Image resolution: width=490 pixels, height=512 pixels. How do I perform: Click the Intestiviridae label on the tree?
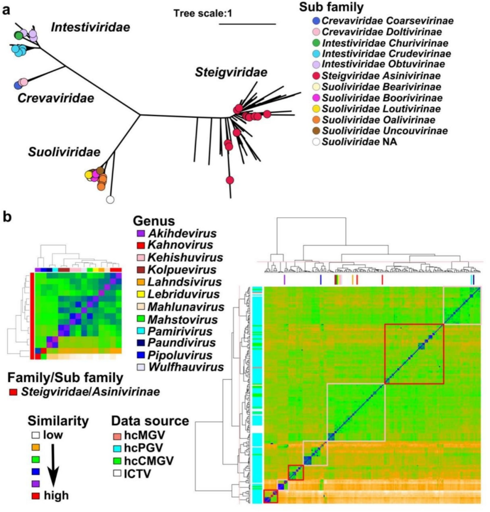point(90,27)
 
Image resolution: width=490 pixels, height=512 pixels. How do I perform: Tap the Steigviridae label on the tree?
point(231,72)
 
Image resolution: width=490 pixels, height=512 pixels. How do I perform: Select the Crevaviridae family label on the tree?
point(56,98)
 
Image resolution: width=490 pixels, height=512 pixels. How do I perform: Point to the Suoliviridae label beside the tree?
point(64,152)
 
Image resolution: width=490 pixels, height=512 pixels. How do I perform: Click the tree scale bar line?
point(247,24)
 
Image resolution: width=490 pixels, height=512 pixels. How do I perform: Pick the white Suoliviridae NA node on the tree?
point(110,199)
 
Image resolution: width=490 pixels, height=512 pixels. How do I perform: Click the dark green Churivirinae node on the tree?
point(18,35)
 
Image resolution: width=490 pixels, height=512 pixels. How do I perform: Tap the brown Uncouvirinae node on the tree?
point(100,170)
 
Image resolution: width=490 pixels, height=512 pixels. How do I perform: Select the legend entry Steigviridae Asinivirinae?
point(377,76)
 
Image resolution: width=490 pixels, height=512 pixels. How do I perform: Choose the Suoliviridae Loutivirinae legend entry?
point(377,109)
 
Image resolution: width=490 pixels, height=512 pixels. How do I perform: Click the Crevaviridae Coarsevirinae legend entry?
point(383,21)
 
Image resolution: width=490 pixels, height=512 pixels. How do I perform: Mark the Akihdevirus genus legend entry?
point(176,234)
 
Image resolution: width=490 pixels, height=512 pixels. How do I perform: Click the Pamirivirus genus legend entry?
point(175,332)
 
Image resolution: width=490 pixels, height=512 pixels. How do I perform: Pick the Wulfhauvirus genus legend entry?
point(180,367)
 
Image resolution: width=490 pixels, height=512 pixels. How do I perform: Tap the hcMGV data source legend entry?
point(139,435)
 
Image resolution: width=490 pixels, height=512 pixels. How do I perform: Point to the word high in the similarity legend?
point(56,495)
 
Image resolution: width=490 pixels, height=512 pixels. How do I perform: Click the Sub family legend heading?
point(331,7)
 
